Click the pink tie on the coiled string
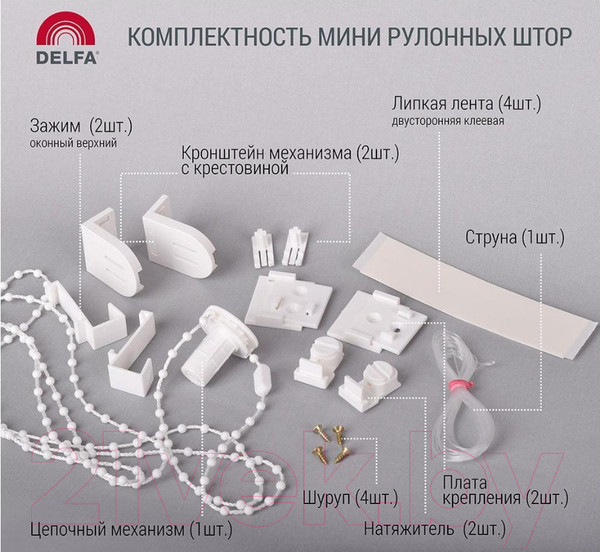[462, 384]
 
